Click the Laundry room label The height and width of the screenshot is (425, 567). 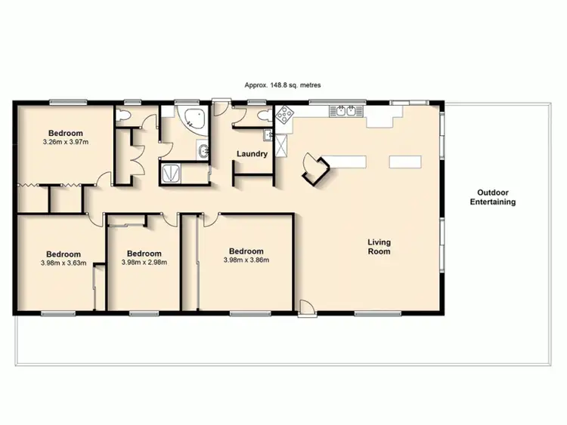click(x=252, y=154)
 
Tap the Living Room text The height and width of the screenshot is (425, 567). click(x=379, y=247)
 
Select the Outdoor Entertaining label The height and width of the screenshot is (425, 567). click(x=493, y=197)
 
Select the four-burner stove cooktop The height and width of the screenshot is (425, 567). click(x=286, y=115)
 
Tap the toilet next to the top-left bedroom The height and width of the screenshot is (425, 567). click(x=124, y=115)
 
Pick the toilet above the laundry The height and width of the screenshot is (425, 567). click(x=262, y=115)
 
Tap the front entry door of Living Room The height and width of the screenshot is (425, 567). click(x=305, y=307)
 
